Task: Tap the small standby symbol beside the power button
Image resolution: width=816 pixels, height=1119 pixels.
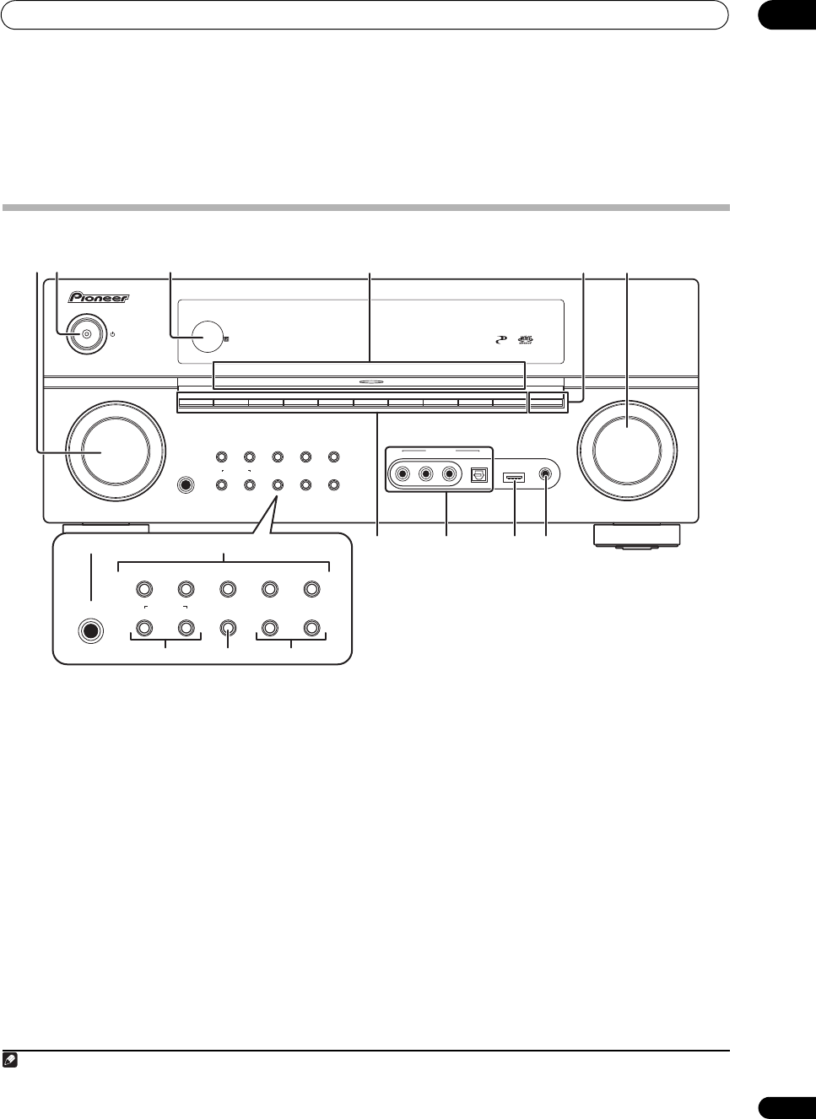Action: click(x=112, y=334)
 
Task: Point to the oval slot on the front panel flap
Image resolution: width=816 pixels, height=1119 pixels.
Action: click(x=370, y=381)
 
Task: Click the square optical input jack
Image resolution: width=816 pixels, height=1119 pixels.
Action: click(x=478, y=475)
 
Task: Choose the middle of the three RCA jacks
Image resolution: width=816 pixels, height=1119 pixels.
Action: click(x=426, y=475)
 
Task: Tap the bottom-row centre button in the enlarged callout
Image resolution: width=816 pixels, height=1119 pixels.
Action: click(x=228, y=628)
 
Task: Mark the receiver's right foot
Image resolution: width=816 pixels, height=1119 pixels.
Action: click(x=636, y=537)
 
